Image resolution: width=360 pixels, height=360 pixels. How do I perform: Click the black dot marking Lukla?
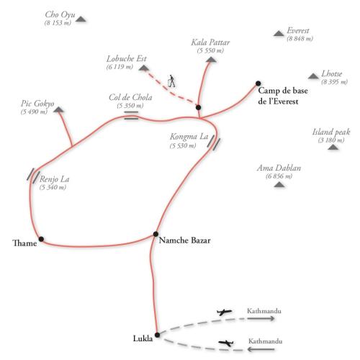[x=157, y=335]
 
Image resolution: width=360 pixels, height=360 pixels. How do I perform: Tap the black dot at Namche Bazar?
[x=156, y=234]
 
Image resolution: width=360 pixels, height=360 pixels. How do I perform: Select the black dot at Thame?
[x=41, y=239]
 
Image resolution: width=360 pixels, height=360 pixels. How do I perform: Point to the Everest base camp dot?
[x=258, y=84]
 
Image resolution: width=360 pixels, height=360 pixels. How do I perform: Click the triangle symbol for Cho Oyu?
[x=81, y=19]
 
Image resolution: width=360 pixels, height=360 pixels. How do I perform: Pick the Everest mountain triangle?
[x=279, y=34]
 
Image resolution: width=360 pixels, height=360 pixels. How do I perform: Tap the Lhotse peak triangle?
[x=313, y=76]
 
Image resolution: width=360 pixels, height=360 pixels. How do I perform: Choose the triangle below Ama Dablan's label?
[x=279, y=184]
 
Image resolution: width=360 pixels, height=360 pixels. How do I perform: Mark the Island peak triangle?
[x=333, y=147]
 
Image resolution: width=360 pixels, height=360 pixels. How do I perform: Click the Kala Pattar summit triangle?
[x=211, y=59]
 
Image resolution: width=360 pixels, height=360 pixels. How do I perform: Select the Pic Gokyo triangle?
[x=58, y=109]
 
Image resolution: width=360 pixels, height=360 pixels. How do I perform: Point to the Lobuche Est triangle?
[x=143, y=68]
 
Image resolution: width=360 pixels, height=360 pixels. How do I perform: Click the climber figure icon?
[x=171, y=81]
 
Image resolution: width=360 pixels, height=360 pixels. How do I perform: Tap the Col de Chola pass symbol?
[x=131, y=115]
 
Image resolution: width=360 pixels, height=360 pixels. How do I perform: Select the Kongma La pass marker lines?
[x=214, y=143]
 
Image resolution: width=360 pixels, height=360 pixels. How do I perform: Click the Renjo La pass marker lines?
[x=33, y=176]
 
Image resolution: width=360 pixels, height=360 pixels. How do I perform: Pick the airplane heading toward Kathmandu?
[x=225, y=312]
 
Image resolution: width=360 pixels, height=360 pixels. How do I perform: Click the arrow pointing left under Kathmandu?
[x=261, y=349]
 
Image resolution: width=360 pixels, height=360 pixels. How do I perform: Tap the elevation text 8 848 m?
[x=300, y=39]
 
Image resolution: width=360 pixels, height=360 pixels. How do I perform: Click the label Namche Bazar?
[x=185, y=240]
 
